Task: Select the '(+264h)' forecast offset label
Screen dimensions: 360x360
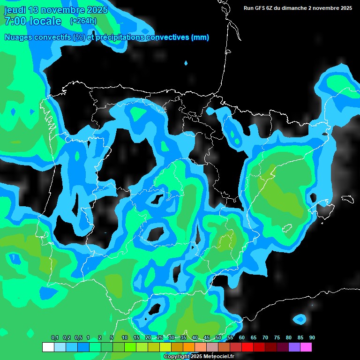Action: [x=83, y=21]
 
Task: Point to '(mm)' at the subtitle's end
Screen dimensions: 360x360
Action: [x=200, y=37]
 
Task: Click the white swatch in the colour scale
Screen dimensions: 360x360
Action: [x=48, y=347]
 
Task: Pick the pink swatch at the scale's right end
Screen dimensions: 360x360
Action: [x=306, y=347]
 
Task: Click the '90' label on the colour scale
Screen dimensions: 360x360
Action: [x=312, y=337]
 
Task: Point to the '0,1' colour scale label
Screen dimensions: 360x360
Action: [x=54, y=337]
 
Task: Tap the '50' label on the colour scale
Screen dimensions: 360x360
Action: [x=218, y=337]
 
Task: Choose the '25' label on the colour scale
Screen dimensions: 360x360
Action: [x=160, y=337]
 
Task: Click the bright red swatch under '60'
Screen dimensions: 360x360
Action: [x=247, y=347]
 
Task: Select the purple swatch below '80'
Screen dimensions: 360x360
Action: [x=294, y=347]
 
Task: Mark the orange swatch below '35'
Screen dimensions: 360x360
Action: [x=188, y=347]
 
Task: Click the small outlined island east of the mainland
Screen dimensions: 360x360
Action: [x=347, y=199]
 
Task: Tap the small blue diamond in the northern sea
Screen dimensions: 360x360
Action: [x=186, y=63]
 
